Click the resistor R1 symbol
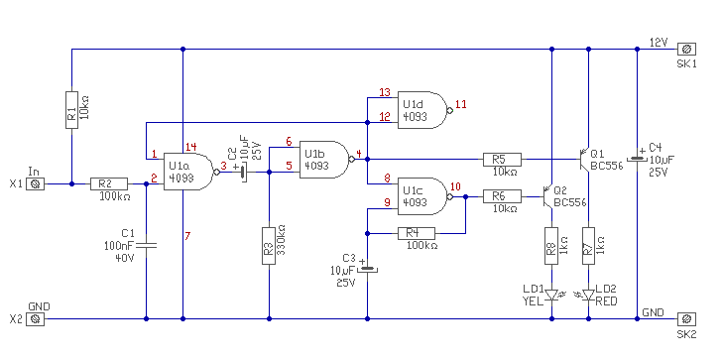coord(71,109)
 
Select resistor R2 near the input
coord(109,183)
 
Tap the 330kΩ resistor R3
coord(269,245)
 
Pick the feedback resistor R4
coord(417,233)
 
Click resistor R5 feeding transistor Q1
coord(502,160)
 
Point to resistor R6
coord(502,196)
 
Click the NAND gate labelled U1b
coord(326,160)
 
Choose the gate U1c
coord(423,196)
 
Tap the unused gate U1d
coord(423,110)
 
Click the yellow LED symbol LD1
coord(551,295)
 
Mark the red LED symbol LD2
coord(588,295)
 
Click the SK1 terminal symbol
coord(686,49)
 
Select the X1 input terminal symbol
coord(35,184)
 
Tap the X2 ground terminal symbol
coord(35,318)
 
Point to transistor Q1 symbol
coord(585,160)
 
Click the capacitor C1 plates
coord(146,245)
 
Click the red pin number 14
coord(190,148)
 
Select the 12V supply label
coord(658,43)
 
